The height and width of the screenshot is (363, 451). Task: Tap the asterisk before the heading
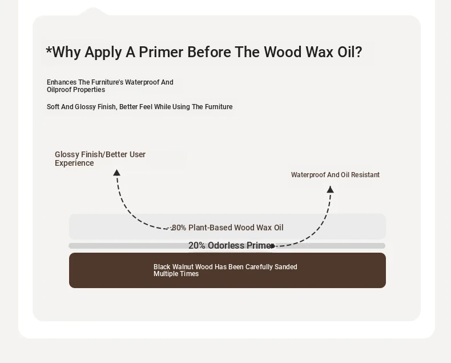(49, 50)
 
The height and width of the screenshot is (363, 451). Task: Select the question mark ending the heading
(359, 52)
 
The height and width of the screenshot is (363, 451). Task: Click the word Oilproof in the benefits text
(59, 90)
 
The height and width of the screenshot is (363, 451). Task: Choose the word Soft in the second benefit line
(53, 107)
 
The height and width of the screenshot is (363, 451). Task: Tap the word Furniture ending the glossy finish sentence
(219, 107)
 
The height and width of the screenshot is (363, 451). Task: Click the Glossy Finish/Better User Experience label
(100, 159)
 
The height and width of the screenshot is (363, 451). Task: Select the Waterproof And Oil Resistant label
(335, 175)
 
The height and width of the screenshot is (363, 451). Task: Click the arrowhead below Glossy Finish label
(116, 173)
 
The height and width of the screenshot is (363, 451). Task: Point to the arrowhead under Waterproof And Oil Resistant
(330, 189)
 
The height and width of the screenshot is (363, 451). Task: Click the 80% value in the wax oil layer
(179, 228)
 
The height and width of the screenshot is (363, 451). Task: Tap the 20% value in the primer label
(197, 245)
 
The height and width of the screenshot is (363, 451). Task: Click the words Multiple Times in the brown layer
(176, 274)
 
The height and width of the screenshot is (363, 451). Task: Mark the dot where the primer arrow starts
(273, 246)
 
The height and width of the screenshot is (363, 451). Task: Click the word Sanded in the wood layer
(285, 267)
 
